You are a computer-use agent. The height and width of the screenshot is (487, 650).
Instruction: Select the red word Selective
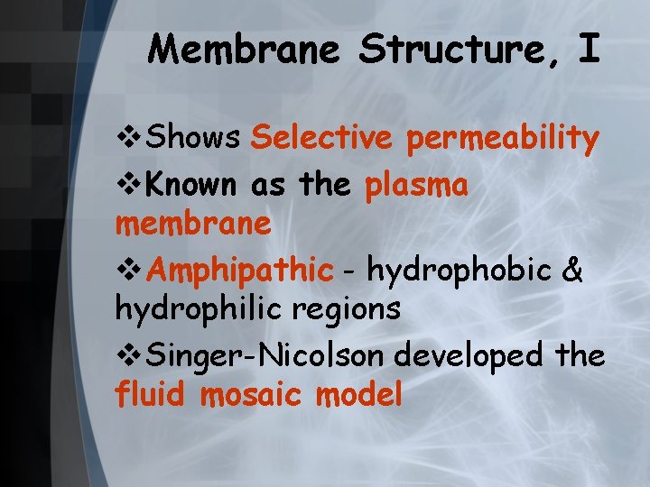321,138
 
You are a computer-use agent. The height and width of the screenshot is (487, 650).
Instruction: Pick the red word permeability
503,140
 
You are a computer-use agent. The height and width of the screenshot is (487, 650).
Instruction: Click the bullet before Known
127,186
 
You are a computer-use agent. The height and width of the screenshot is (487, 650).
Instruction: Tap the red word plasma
417,186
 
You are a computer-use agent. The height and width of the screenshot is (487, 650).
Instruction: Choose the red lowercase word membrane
193,224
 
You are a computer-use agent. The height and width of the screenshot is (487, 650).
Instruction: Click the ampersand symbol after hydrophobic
572,270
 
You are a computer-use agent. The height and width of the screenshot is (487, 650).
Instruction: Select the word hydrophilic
193,309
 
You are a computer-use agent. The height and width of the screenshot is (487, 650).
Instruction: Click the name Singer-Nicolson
266,355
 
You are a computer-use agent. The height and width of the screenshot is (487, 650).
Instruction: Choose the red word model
359,394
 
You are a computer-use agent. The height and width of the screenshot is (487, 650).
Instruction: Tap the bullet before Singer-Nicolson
127,355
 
